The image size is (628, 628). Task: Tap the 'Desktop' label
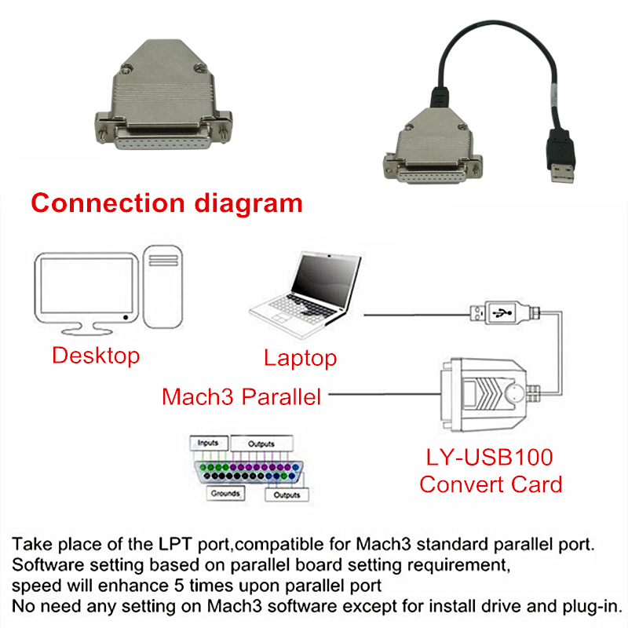pyautogui.click(x=96, y=356)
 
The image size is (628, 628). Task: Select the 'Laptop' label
pyautogui.click(x=300, y=359)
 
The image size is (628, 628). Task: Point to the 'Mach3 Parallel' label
pyautogui.click(x=242, y=396)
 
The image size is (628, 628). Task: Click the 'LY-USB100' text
pyautogui.click(x=489, y=458)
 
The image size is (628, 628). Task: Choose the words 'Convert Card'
pyautogui.click(x=491, y=484)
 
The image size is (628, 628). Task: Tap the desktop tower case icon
pyautogui.click(x=164, y=287)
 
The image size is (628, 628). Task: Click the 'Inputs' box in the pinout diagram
pyautogui.click(x=208, y=443)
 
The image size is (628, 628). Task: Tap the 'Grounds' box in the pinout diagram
pyautogui.click(x=225, y=494)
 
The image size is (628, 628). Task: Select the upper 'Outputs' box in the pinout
pyautogui.click(x=261, y=444)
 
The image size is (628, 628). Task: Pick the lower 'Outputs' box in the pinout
pyautogui.click(x=287, y=495)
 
